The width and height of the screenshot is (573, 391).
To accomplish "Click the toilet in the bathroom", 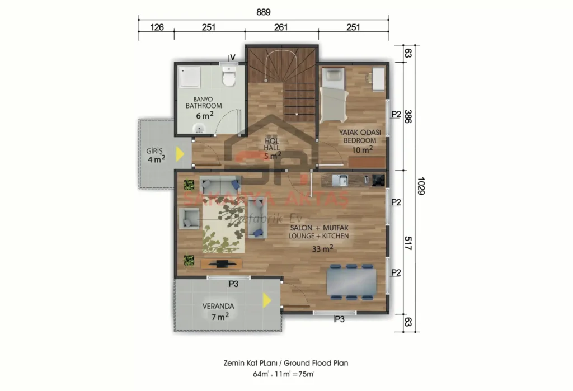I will tap(228, 77).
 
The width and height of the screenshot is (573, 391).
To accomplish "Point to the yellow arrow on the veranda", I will tap(267, 301).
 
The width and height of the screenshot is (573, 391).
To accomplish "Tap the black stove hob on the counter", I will tap(379, 180).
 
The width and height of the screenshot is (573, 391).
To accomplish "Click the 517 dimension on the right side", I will tap(407, 243).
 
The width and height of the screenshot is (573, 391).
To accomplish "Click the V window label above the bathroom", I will tap(232, 58).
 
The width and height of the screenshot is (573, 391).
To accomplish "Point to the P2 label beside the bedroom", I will tap(396, 114).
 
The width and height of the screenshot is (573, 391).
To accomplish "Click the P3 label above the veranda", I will tap(233, 284).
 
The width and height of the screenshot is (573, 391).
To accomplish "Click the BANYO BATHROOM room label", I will tap(204, 102).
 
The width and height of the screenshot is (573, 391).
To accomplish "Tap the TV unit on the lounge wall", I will tap(222, 263).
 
